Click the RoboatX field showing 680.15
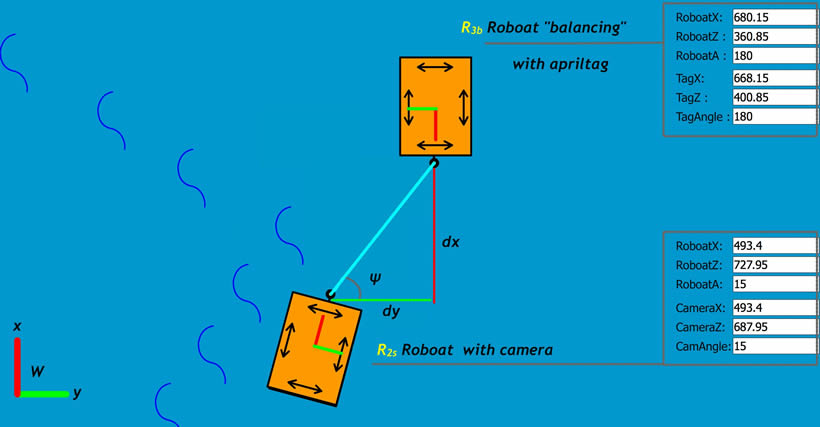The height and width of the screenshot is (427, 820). (x=773, y=17)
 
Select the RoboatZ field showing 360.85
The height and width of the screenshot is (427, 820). (x=773, y=37)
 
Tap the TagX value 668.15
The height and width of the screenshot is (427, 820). (x=773, y=78)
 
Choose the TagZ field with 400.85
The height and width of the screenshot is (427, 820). (x=773, y=98)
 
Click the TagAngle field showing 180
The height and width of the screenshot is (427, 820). (x=773, y=117)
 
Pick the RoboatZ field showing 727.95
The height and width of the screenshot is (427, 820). (x=773, y=265)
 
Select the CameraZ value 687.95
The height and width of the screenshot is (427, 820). (x=773, y=327)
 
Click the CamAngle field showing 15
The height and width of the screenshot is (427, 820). (x=773, y=346)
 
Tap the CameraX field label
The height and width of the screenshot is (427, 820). (x=699, y=308)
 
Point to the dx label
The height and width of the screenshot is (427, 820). (x=451, y=242)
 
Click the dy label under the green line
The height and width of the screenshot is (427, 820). (x=391, y=312)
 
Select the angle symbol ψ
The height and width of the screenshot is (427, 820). (x=374, y=278)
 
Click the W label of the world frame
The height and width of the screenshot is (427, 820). (x=37, y=372)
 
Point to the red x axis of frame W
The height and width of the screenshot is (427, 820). (x=17, y=365)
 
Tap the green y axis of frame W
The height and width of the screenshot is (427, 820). (x=44, y=394)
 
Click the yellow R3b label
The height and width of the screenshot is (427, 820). (x=472, y=29)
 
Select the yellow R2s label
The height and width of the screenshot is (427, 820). (x=387, y=350)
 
